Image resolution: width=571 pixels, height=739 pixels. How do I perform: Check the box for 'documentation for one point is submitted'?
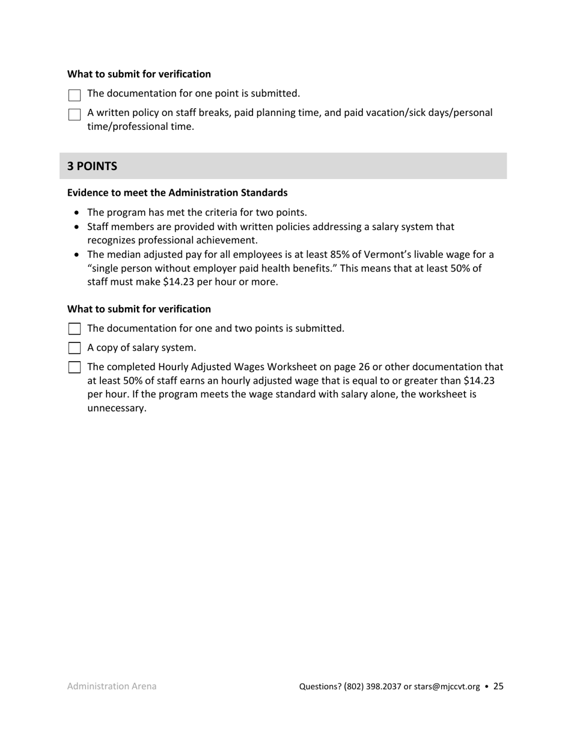point(74,95)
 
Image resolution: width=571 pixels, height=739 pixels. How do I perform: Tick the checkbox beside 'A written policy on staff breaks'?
point(74,114)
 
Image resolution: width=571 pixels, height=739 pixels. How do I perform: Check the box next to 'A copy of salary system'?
point(74,348)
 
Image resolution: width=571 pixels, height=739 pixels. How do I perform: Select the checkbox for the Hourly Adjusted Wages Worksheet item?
point(74,367)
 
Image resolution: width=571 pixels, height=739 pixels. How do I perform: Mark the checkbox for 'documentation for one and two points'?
point(74,329)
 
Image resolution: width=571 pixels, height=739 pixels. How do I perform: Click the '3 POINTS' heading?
point(92,166)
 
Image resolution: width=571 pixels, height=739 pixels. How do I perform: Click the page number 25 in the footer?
point(498,686)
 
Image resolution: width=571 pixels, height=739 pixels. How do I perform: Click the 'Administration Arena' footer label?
point(112,686)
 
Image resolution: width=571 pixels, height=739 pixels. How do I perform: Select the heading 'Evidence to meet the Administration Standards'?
point(177,193)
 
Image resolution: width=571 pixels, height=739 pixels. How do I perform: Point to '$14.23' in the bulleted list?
point(177,281)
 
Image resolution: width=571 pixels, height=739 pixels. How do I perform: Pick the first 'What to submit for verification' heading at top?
point(139,74)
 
